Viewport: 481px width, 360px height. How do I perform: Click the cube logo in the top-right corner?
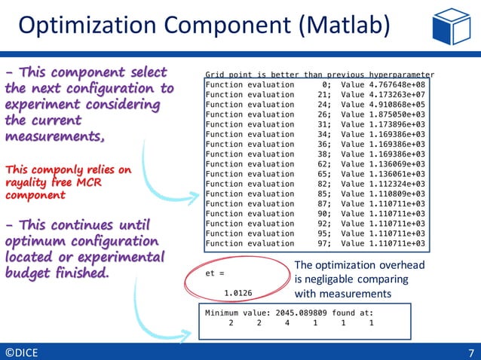point(451,26)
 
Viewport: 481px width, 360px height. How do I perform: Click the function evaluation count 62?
point(325,164)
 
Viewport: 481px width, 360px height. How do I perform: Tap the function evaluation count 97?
point(325,243)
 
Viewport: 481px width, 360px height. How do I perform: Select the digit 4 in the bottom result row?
point(287,323)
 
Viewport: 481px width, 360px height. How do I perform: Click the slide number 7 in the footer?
point(471,352)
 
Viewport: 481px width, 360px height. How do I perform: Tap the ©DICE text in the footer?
point(23,352)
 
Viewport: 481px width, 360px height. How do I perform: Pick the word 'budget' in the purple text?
point(28,273)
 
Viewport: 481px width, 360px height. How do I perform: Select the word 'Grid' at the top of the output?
point(215,75)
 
